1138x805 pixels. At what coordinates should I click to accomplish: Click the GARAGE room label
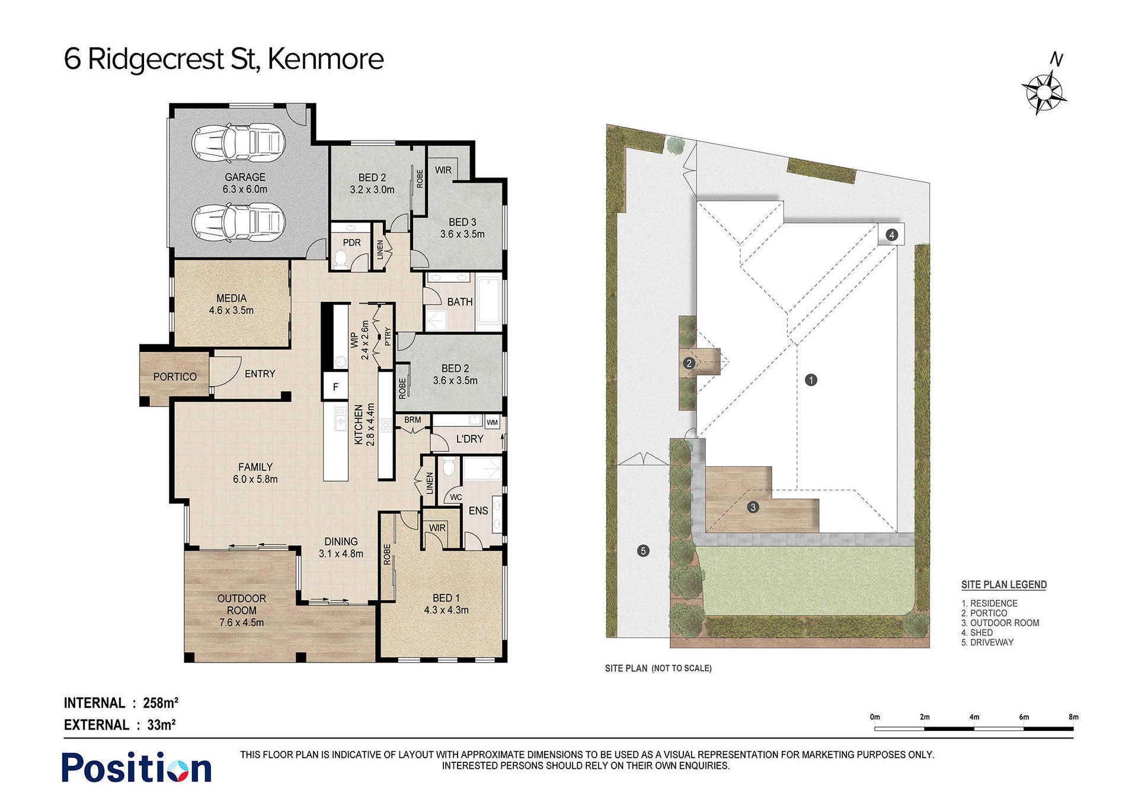(x=245, y=177)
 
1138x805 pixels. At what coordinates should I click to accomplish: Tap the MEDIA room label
(x=231, y=298)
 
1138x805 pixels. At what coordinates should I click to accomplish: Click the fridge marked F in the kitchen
(x=335, y=387)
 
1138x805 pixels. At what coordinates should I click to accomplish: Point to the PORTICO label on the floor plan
(x=175, y=377)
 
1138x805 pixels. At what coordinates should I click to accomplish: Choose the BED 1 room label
(x=446, y=598)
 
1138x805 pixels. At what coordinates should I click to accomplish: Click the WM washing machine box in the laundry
(x=493, y=422)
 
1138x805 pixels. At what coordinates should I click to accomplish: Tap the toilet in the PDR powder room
(x=341, y=259)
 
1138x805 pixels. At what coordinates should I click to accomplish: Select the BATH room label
(x=460, y=302)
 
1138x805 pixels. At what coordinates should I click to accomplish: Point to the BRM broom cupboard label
(x=413, y=420)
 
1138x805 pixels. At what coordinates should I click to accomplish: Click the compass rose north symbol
(x=1044, y=92)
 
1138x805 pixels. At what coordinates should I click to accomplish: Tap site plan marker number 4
(x=892, y=235)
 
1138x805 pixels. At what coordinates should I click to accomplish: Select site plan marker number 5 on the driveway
(x=643, y=551)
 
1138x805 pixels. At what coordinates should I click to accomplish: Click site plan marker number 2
(x=689, y=363)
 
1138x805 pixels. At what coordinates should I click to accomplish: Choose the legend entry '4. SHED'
(x=977, y=632)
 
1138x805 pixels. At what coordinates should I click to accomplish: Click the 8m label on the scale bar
(x=1073, y=717)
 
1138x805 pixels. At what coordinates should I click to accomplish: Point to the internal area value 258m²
(x=161, y=703)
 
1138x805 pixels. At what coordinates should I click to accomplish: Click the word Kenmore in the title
(x=325, y=59)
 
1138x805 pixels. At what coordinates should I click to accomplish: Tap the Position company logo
(x=137, y=768)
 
